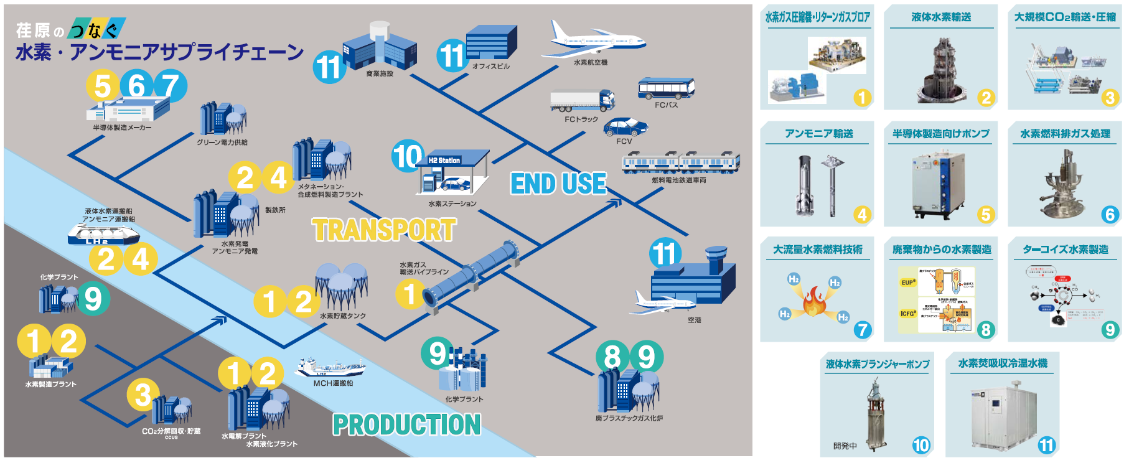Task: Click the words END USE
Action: (558, 184)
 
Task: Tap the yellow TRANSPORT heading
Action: (384, 230)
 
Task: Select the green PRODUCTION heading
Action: (407, 425)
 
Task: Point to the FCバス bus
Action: (666, 89)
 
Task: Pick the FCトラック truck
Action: (582, 100)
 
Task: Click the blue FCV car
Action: (625, 128)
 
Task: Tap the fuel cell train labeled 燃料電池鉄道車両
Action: (681, 162)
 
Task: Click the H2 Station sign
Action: (444, 161)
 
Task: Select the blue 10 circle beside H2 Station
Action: (408, 156)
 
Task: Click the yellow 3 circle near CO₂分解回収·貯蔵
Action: (143, 395)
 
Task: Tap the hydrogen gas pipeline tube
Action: (473, 273)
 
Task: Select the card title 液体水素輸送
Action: (941, 17)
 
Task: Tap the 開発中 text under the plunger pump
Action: (845, 446)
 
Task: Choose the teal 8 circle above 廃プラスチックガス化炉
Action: (612, 357)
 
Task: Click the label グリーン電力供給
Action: (222, 143)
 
